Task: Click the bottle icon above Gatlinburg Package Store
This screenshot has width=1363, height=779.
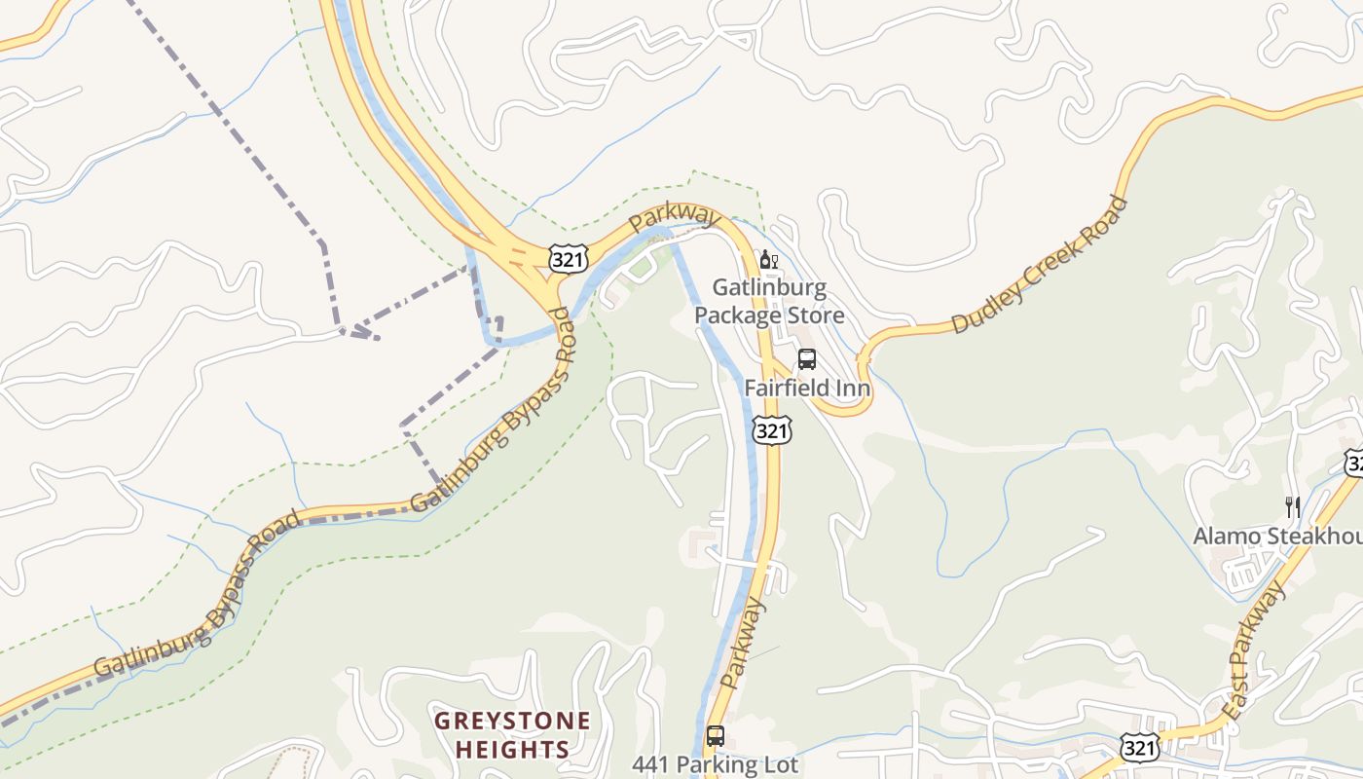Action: pyautogui.click(x=767, y=260)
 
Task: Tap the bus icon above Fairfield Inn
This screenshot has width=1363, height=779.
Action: pyautogui.click(x=807, y=359)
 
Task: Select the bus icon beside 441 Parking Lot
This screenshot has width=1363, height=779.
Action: pyautogui.click(x=716, y=736)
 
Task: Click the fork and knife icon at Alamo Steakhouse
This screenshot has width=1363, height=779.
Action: pyautogui.click(x=1293, y=506)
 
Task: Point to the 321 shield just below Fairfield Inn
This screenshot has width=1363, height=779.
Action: pyautogui.click(x=772, y=430)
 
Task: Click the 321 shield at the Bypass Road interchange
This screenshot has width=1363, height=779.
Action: pyautogui.click(x=567, y=259)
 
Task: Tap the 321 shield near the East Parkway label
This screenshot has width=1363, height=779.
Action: pyautogui.click(x=1139, y=748)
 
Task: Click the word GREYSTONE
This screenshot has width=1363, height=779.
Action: pyautogui.click(x=512, y=722)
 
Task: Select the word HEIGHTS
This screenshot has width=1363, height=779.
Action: pyautogui.click(x=512, y=750)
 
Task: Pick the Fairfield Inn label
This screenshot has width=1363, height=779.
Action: pyautogui.click(x=808, y=388)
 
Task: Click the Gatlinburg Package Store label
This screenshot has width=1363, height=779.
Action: pyautogui.click(x=769, y=302)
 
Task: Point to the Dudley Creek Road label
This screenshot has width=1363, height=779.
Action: pyautogui.click(x=1039, y=265)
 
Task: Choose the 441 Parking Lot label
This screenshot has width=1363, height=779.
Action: pyautogui.click(x=715, y=765)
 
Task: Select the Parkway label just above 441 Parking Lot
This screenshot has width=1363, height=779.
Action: pyautogui.click(x=745, y=643)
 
